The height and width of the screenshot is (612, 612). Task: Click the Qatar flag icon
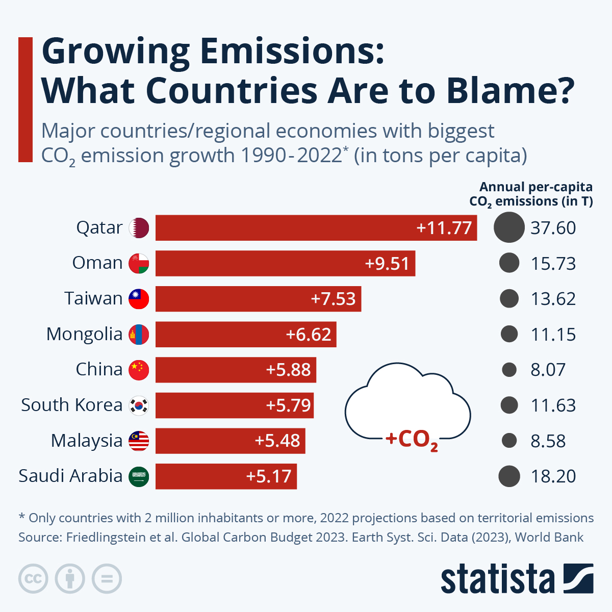pyautogui.click(x=139, y=228)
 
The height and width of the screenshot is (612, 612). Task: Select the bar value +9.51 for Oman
pyautogui.click(x=387, y=264)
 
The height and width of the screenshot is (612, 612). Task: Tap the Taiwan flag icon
pyautogui.click(x=139, y=299)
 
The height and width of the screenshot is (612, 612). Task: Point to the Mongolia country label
pyautogui.click(x=84, y=334)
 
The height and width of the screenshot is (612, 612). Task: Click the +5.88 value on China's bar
pyautogui.click(x=288, y=370)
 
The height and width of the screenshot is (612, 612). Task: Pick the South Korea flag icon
pyautogui.click(x=139, y=405)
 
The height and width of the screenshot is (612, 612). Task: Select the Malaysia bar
pyautogui.click(x=230, y=441)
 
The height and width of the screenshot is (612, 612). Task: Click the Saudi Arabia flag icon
pyautogui.click(x=139, y=476)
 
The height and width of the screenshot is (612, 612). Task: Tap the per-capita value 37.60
pyautogui.click(x=553, y=228)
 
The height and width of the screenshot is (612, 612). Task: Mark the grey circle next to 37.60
pyautogui.click(x=509, y=227)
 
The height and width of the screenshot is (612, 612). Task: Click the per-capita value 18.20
pyautogui.click(x=553, y=476)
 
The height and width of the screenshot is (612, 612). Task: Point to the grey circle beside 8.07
pyautogui.click(x=509, y=370)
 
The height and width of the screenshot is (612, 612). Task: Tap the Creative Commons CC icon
pyautogui.click(x=33, y=579)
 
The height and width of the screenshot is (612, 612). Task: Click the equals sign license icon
pyautogui.click(x=107, y=579)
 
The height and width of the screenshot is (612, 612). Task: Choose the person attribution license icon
pyautogui.click(x=70, y=579)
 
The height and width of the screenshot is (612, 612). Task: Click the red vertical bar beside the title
pyautogui.click(x=25, y=99)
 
